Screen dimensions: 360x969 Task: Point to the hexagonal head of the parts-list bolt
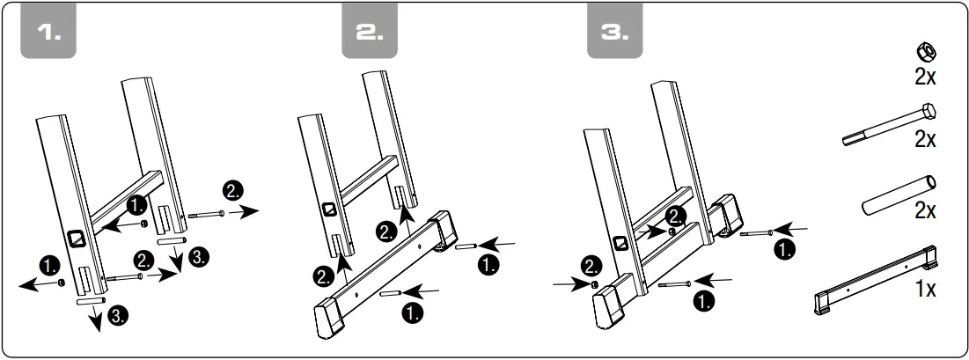pos(929,112)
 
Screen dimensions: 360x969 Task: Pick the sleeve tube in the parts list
pos(898,193)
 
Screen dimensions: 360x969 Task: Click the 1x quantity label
pos(924,289)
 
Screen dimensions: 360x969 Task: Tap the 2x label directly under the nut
pos(924,77)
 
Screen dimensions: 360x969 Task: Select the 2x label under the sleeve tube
pos(924,211)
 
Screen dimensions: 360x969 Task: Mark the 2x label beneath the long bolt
pos(924,139)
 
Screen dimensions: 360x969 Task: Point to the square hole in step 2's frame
pos(328,209)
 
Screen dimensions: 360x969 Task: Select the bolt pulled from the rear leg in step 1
pos(204,214)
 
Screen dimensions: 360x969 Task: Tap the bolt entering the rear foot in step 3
pos(756,233)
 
